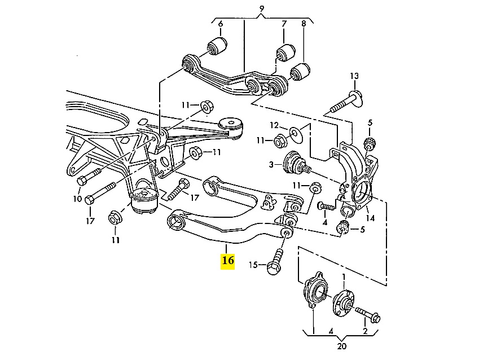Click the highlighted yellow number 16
point(228,261)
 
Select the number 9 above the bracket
point(262,8)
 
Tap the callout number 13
point(354,76)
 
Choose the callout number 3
point(271,164)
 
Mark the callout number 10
point(77,198)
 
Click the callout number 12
point(274,125)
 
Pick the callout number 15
point(253,265)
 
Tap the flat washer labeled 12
point(296,134)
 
